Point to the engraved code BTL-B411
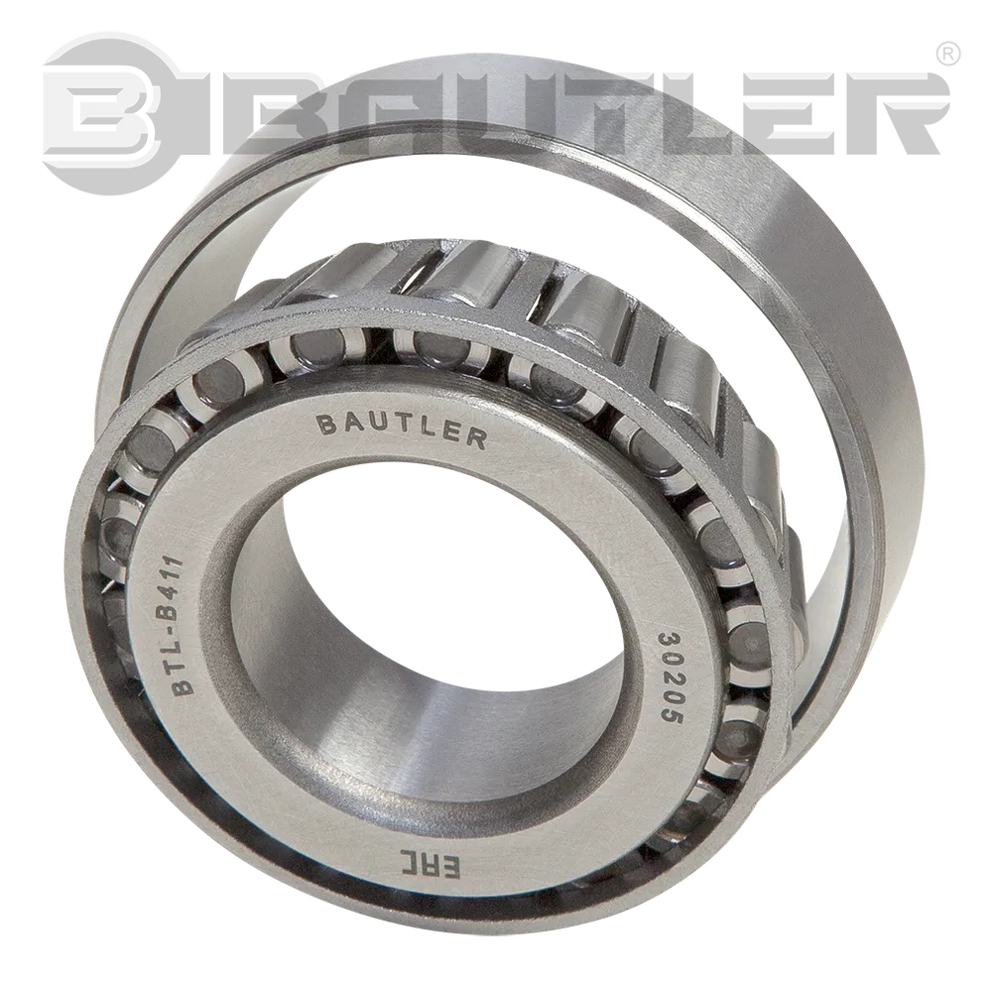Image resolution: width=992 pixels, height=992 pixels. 179,626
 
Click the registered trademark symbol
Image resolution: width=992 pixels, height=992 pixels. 947,54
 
